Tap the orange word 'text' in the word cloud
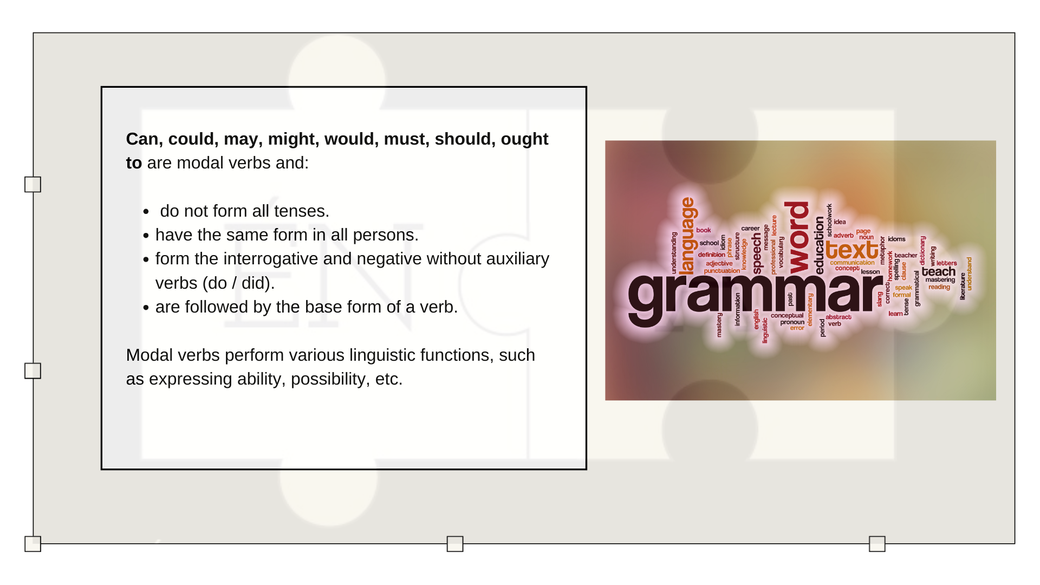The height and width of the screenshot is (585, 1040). pyautogui.click(x=851, y=250)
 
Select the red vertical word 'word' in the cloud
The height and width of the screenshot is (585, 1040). pyautogui.click(x=798, y=238)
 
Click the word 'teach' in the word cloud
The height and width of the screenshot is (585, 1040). pyautogui.click(x=938, y=271)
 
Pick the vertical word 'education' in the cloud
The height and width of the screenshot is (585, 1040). pyautogui.click(x=819, y=245)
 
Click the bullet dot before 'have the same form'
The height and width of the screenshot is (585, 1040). pyautogui.click(x=146, y=236)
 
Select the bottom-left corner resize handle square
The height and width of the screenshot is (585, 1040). pyautogui.click(x=32, y=544)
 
